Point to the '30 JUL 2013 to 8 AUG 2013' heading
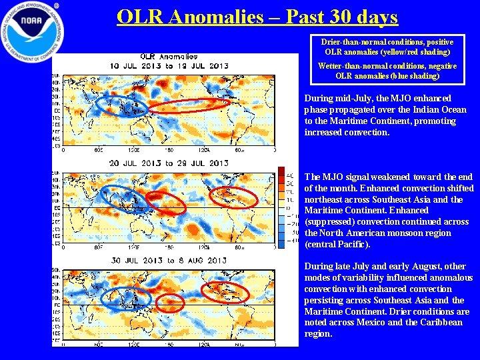tap(168, 260)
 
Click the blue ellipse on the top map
tap(120, 105)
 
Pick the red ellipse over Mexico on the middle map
tap(233, 196)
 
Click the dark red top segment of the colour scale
tap(281, 170)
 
